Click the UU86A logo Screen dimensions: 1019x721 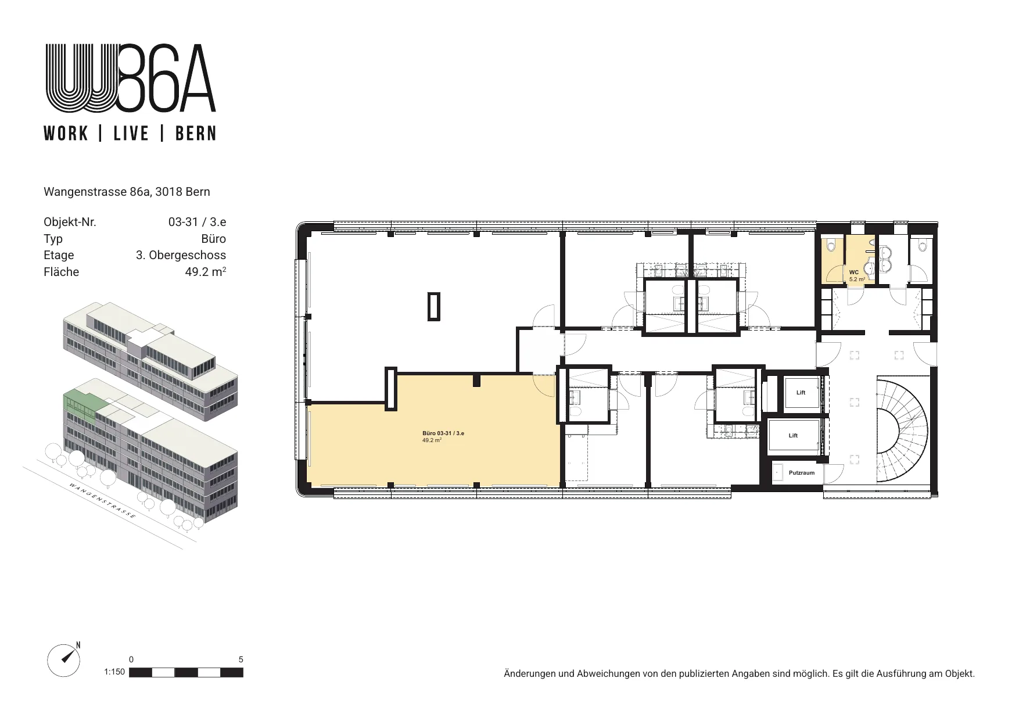(x=131, y=78)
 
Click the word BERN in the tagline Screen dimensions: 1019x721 (x=196, y=134)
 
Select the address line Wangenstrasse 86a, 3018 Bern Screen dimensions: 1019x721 (x=127, y=192)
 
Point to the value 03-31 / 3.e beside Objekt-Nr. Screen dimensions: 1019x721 (x=197, y=222)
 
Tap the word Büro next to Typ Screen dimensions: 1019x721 (x=214, y=239)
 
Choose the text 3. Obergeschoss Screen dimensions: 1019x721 (x=181, y=255)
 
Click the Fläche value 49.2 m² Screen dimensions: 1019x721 (x=206, y=271)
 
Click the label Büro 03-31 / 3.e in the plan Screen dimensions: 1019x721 (x=443, y=433)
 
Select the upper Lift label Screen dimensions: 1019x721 (x=801, y=393)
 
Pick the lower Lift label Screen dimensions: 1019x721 (x=793, y=436)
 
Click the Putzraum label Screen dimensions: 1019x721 (x=802, y=473)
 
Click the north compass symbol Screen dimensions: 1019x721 (x=64, y=660)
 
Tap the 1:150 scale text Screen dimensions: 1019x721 (x=114, y=672)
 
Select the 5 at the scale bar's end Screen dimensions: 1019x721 (x=241, y=659)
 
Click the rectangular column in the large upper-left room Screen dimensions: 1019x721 (x=434, y=306)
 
